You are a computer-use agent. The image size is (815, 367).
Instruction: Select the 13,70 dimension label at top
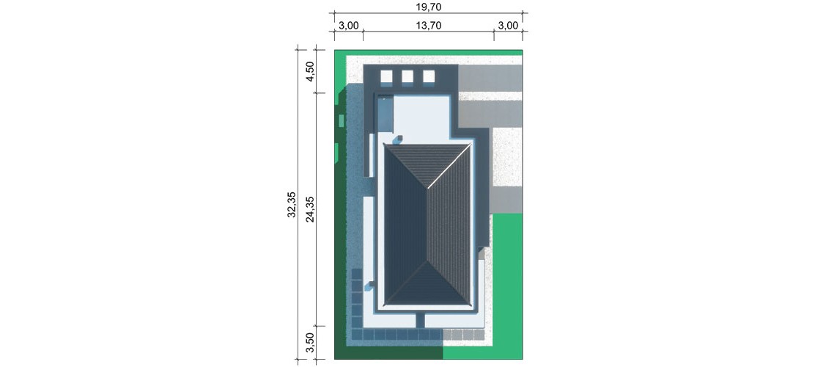point(429,26)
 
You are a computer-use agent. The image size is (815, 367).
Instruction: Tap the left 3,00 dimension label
point(349,26)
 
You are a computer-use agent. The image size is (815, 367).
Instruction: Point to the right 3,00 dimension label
point(509,26)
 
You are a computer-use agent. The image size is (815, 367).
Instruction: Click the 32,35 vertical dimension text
point(292,204)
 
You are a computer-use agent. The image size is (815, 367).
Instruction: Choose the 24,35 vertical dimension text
point(310,210)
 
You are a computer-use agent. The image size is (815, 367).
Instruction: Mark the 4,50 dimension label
point(310,71)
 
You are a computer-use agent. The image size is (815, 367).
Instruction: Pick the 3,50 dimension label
point(310,343)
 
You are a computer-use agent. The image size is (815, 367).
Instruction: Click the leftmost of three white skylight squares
point(387,76)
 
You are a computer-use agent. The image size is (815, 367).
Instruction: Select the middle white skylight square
point(407,76)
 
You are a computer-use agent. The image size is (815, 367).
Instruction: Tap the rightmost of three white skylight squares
point(429,76)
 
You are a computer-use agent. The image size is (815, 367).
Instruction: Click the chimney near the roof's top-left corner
point(398,139)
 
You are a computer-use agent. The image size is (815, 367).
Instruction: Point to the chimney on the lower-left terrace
point(370,286)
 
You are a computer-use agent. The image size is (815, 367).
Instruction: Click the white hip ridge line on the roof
point(428,225)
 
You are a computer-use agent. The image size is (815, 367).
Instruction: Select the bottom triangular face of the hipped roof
point(428,284)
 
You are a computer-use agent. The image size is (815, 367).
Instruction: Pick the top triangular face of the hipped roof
point(428,164)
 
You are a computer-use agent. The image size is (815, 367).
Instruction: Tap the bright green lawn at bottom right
point(506,286)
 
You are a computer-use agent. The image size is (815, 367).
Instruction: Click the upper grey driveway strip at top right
point(490,78)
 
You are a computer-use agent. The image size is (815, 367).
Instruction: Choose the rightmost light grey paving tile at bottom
point(479,334)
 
